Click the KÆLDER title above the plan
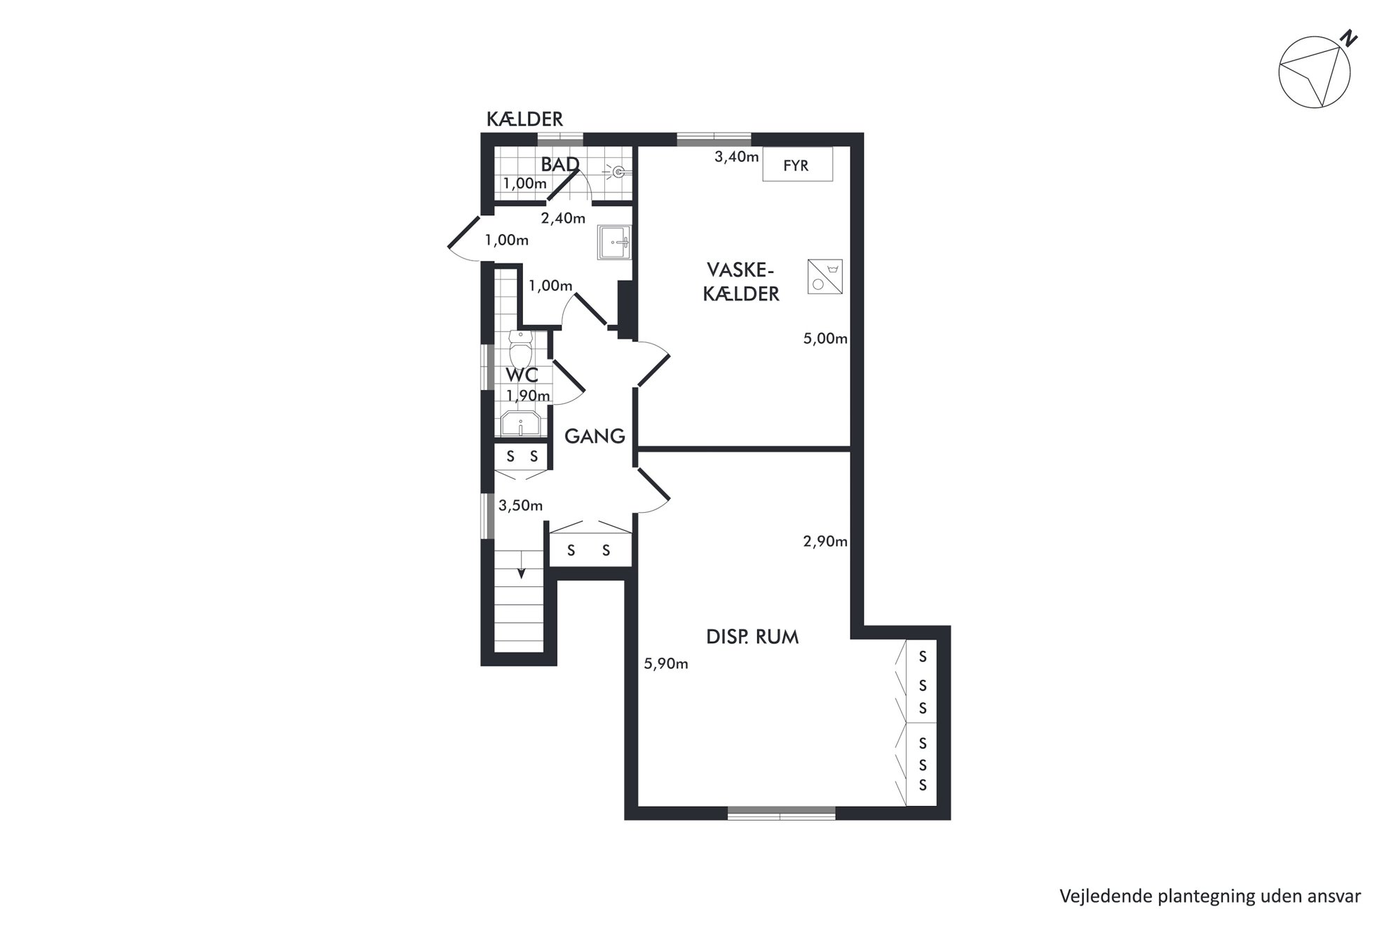[x=524, y=119]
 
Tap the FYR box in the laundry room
[x=797, y=164]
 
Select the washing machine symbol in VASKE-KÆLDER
[x=825, y=276]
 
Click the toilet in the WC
[x=520, y=350]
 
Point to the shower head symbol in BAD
[x=617, y=171]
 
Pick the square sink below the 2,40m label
[x=614, y=243]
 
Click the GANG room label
[x=595, y=436]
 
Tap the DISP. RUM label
[x=752, y=637]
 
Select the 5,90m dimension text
[x=666, y=664]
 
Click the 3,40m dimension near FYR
[x=736, y=157]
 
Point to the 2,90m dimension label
[x=825, y=542]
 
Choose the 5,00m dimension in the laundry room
[x=825, y=339]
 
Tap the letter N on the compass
[x=1348, y=39]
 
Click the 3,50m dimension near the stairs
[x=520, y=506]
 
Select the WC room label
[x=522, y=375]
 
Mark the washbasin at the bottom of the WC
[x=520, y=424]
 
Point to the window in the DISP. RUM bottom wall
[x=781, y=813]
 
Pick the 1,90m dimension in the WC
[x=528, y=396]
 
